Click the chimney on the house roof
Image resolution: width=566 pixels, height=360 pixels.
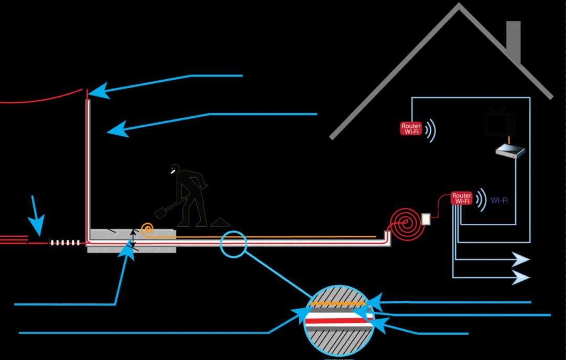pos(514,39)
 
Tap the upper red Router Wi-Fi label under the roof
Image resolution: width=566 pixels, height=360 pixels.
pos(411,128)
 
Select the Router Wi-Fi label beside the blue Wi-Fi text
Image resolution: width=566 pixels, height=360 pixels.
pos(462,198)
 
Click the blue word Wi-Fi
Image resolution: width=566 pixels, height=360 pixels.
pos(499,200)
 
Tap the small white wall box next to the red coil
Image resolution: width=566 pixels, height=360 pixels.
pos(426,218)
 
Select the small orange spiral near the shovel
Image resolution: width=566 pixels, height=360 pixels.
pos(147,228)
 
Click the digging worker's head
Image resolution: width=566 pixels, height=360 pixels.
pos(175,169)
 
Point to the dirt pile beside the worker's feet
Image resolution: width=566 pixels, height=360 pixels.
pos(221,222)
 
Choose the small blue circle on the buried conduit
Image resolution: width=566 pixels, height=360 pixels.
pos(233,244)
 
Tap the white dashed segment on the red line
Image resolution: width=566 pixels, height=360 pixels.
pos(65,243)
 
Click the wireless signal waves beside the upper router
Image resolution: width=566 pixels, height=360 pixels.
pos(430,130)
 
